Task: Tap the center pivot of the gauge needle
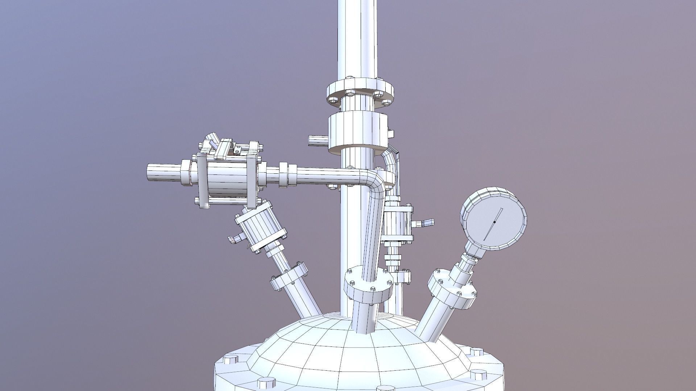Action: [x=494, y=222]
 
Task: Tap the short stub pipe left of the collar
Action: [x=318, y=140]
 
